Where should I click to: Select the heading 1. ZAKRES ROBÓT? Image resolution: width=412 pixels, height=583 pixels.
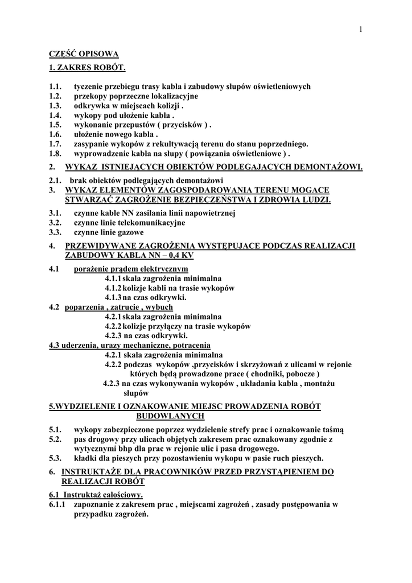point(86,68)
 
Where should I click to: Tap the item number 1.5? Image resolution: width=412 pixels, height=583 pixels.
point(55,125)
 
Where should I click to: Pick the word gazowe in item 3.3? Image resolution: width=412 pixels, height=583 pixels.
point(130,232)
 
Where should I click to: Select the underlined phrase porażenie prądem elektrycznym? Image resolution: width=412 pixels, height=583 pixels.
point(131,269)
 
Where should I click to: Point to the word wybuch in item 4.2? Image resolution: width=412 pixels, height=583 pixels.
point(159,307)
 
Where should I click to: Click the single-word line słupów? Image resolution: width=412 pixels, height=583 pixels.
point(136,393)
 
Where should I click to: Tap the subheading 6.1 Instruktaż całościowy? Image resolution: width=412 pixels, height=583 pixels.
point(96,495)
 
